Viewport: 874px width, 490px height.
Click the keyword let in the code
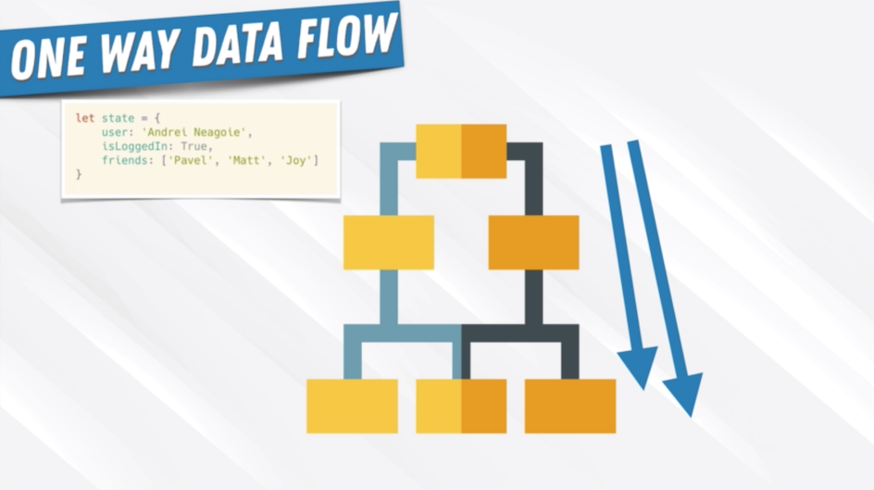(84, 119)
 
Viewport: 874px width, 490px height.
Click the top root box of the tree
(460, 150)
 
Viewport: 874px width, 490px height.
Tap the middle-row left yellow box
(388, 242)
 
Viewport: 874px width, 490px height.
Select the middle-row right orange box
(533, 242)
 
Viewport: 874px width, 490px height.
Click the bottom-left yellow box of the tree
(352, 406)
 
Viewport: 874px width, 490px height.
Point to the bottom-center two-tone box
(460, 406)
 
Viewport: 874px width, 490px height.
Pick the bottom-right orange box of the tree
(569, 406)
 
